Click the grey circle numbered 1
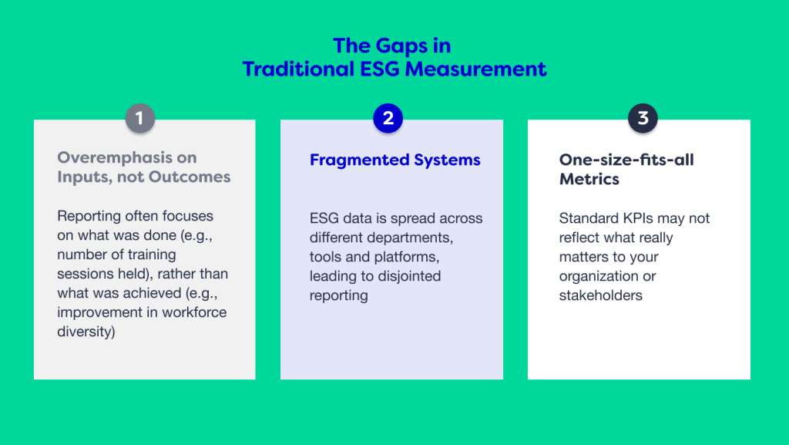140,118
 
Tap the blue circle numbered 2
388,118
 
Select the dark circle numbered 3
643,118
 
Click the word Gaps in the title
401,46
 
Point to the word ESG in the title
381,69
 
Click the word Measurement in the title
475,69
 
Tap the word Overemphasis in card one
115,158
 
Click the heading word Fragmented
359,160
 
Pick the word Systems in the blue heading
447,160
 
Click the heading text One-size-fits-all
626,160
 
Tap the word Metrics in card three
589,179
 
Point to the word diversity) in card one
86,332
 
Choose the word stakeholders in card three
601,295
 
